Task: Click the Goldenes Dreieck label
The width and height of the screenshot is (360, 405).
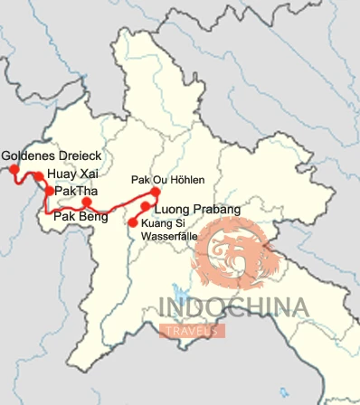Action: (43, 155)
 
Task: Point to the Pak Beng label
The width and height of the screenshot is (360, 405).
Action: (81, 216)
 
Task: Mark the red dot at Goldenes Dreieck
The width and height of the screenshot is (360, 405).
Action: (14, 169)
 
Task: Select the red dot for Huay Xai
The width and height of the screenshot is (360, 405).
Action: (38, 177)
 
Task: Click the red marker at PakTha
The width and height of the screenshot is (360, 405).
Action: (49, 191)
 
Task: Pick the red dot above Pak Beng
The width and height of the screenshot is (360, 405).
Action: (87, 202)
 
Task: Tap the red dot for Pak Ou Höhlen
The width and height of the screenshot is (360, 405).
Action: (156, 192)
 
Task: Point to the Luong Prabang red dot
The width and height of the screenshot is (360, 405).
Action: (145, 207)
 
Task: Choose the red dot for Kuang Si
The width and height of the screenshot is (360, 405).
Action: (133, 222)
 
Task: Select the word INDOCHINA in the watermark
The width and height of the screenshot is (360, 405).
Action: (232, 307)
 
